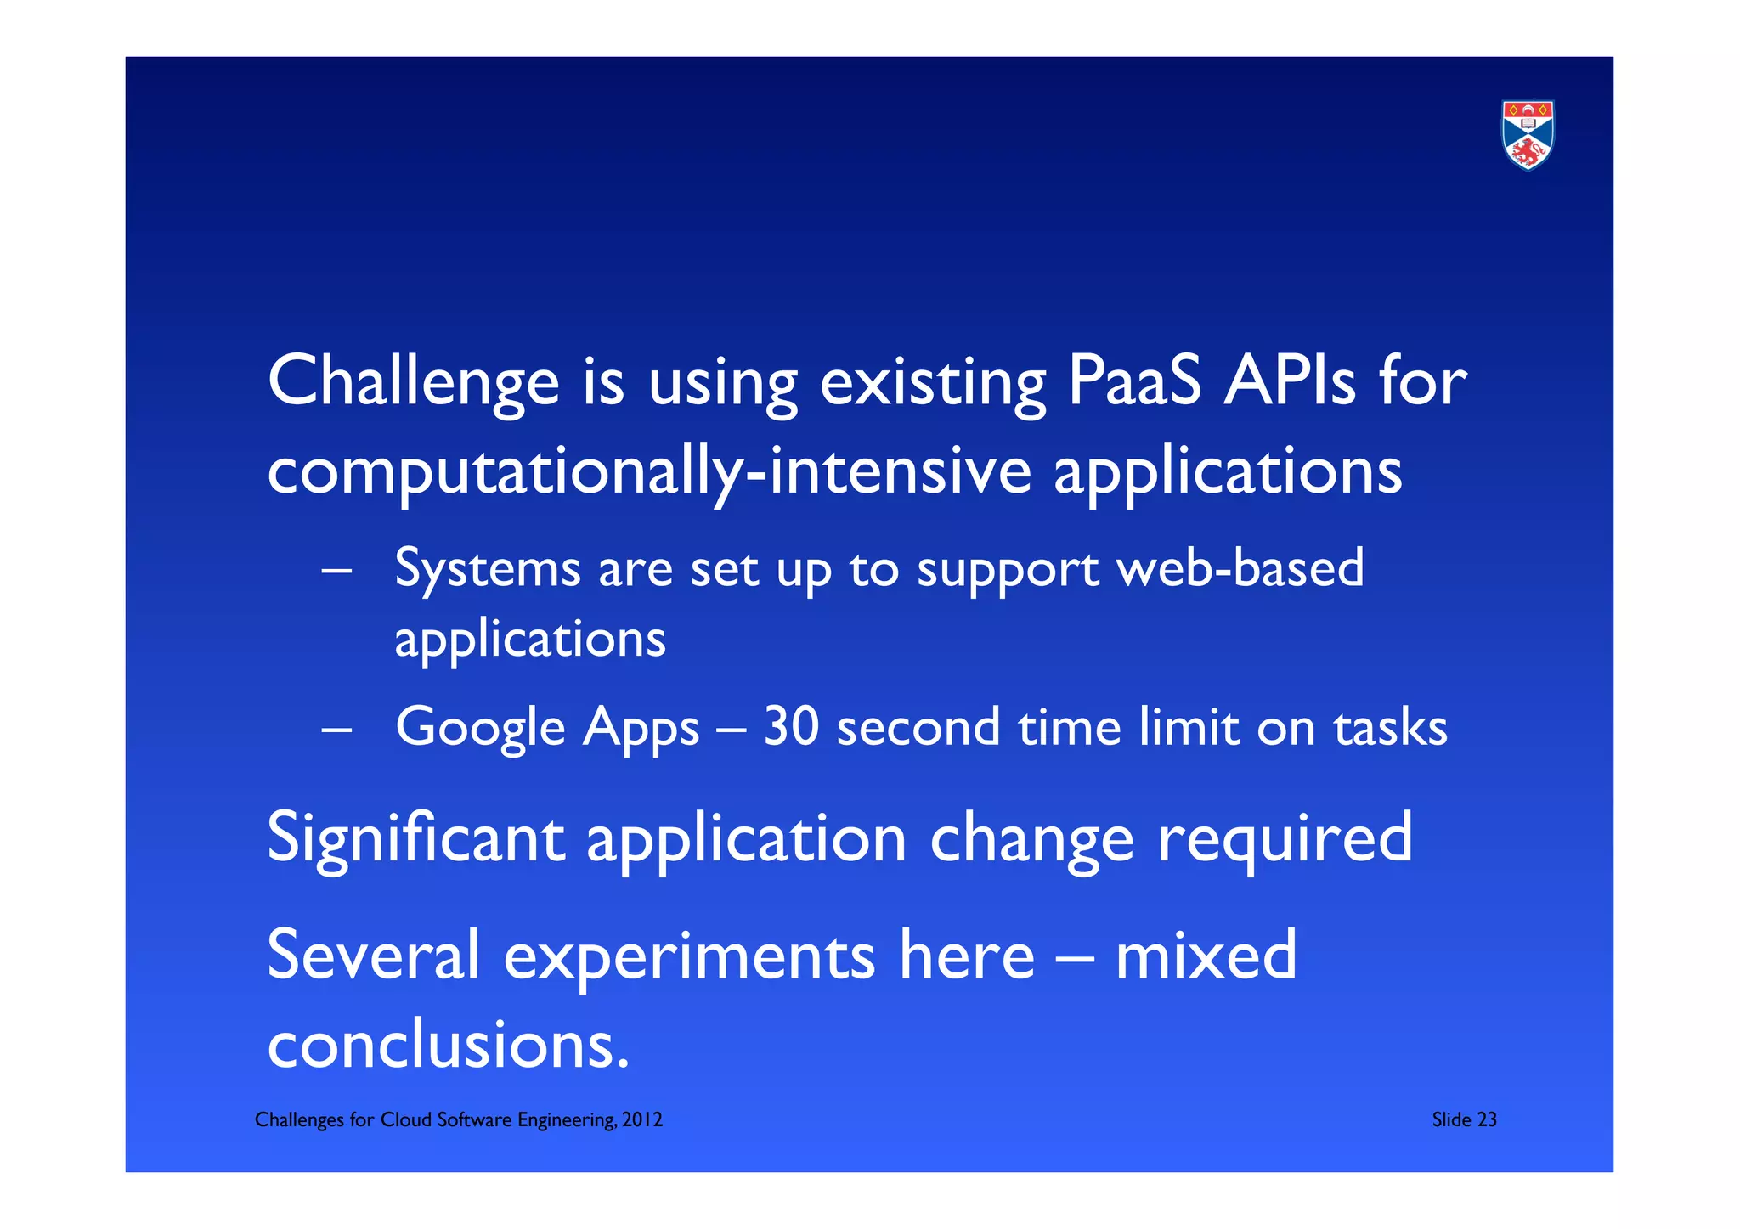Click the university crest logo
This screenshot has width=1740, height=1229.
point(1527,135)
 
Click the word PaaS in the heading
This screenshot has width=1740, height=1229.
point(1133,381)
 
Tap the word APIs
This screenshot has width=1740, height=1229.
point(1288,381)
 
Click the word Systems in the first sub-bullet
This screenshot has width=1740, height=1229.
point(488,570)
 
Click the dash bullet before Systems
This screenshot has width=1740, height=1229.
point(336,572)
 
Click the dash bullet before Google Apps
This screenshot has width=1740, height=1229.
point(336,729)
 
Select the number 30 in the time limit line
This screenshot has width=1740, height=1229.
point(790,727)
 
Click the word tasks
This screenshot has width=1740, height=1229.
point(1390,729)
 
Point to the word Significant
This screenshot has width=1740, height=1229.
point(415,840)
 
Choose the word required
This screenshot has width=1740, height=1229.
point(1285,840)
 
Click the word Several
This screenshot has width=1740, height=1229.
point(373,955)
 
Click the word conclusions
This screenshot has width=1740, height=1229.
point(448,1045)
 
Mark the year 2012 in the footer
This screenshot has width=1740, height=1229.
point(641,1119)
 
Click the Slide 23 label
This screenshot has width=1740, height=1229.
point(1463,1119)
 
